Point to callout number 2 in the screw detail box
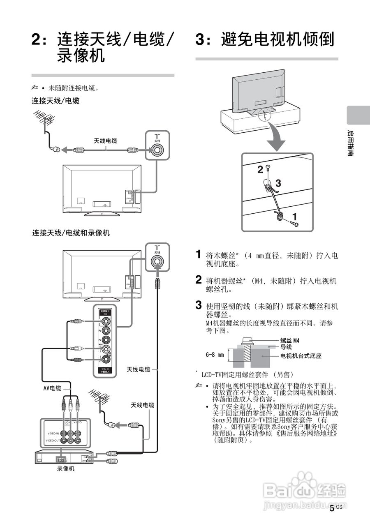click(x=260, y=168)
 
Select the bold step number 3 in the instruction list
click(x=199, y=305)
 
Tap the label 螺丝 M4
click(x=290, y=340)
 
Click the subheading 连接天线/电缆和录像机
click(x=71, y=233)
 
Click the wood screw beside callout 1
click(x=294, y=223)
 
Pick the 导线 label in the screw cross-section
click(x=286, y=347)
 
